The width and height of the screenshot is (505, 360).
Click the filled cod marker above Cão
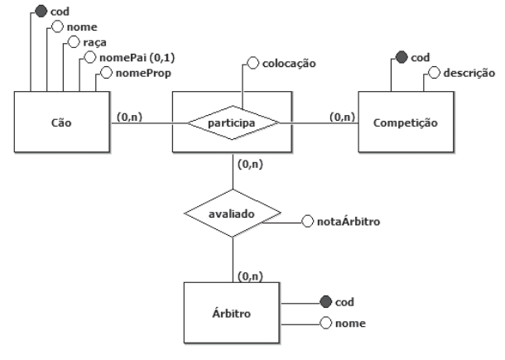coord(40,12)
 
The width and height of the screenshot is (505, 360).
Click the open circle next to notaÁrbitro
coord(307,222)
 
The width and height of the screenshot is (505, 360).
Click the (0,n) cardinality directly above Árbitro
coord(250,273)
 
